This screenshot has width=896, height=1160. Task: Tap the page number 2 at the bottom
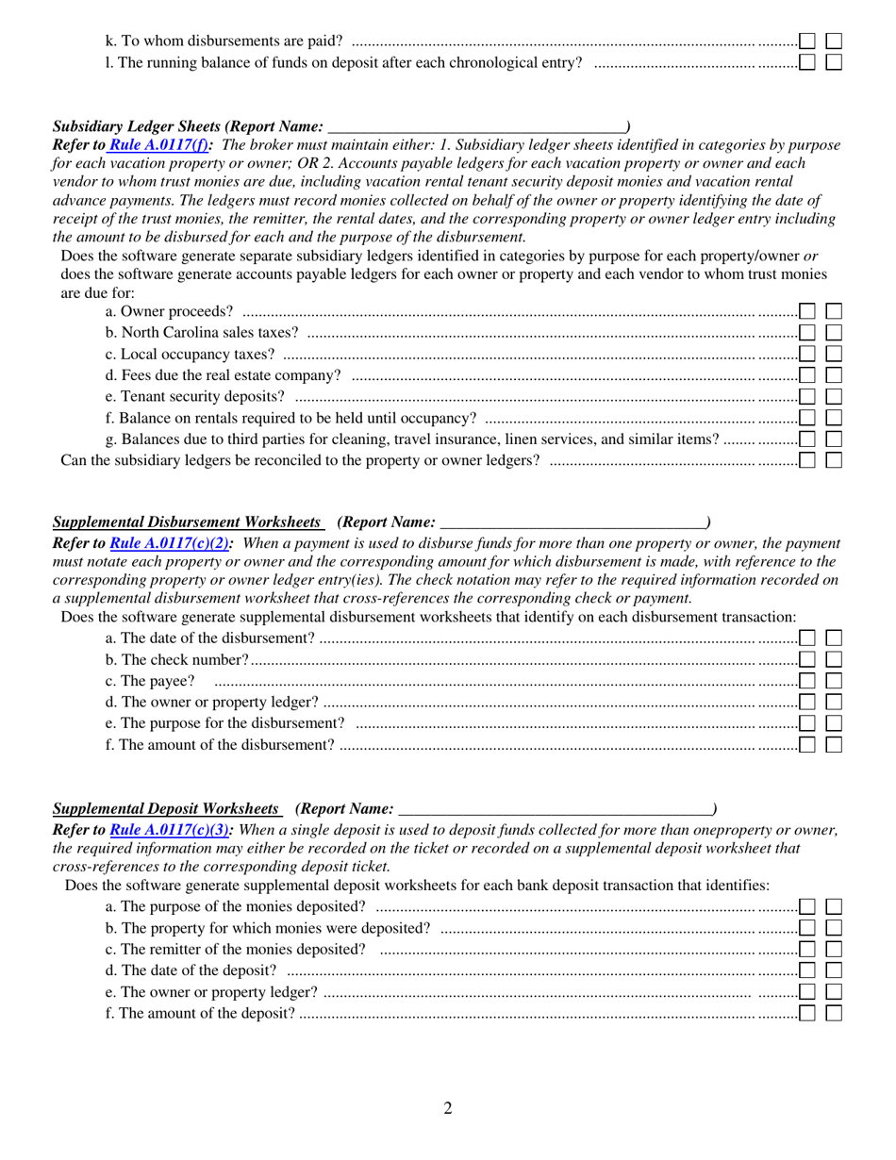(x=448, y=1108)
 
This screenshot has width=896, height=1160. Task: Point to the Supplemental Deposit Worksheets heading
(x=167, y=808)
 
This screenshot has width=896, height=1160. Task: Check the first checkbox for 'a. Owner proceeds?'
(x=807, y=311)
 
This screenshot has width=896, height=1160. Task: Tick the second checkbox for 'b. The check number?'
(x=834, y=659)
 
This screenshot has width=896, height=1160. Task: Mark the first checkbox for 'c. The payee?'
(x=807, y=681)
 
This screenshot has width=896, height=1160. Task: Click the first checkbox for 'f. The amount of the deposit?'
(x=807, y=1014)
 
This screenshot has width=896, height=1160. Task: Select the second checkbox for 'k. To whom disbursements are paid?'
(x=834, y=41)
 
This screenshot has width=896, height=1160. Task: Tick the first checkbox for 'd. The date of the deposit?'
(x=807, y=970)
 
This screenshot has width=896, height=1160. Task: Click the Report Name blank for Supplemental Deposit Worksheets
(x=556, y=809)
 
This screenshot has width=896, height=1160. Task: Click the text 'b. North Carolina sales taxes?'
(x=203, y=332)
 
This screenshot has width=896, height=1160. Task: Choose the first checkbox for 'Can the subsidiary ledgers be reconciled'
(x=807, y=460)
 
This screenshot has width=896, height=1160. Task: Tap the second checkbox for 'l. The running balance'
(x=834, y=62)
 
